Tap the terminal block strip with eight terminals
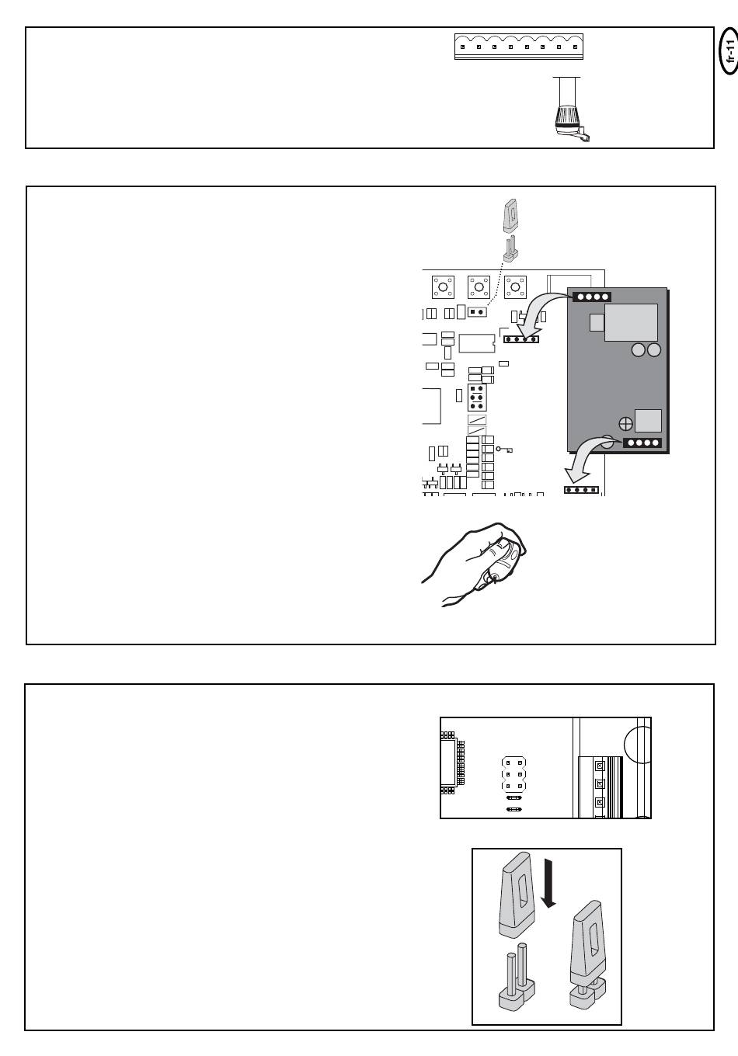pyautogui.click(x=519, y=47)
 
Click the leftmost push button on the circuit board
pyautogui.click(x=443, y=287)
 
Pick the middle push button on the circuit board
pyautogui.click(x=479, y=287)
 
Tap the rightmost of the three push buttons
pyautogui.click(x=515, y=287)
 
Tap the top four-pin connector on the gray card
pyautogui.click(x=592, y=297)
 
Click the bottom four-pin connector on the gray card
pyautogui.click(x=642, y=443)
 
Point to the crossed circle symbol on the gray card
pyautogui.click(x=626, y=424)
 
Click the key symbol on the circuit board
pyautogui.click(x=503, y=450)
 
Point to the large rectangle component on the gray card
pyautogui.click(x=631, y=322)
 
